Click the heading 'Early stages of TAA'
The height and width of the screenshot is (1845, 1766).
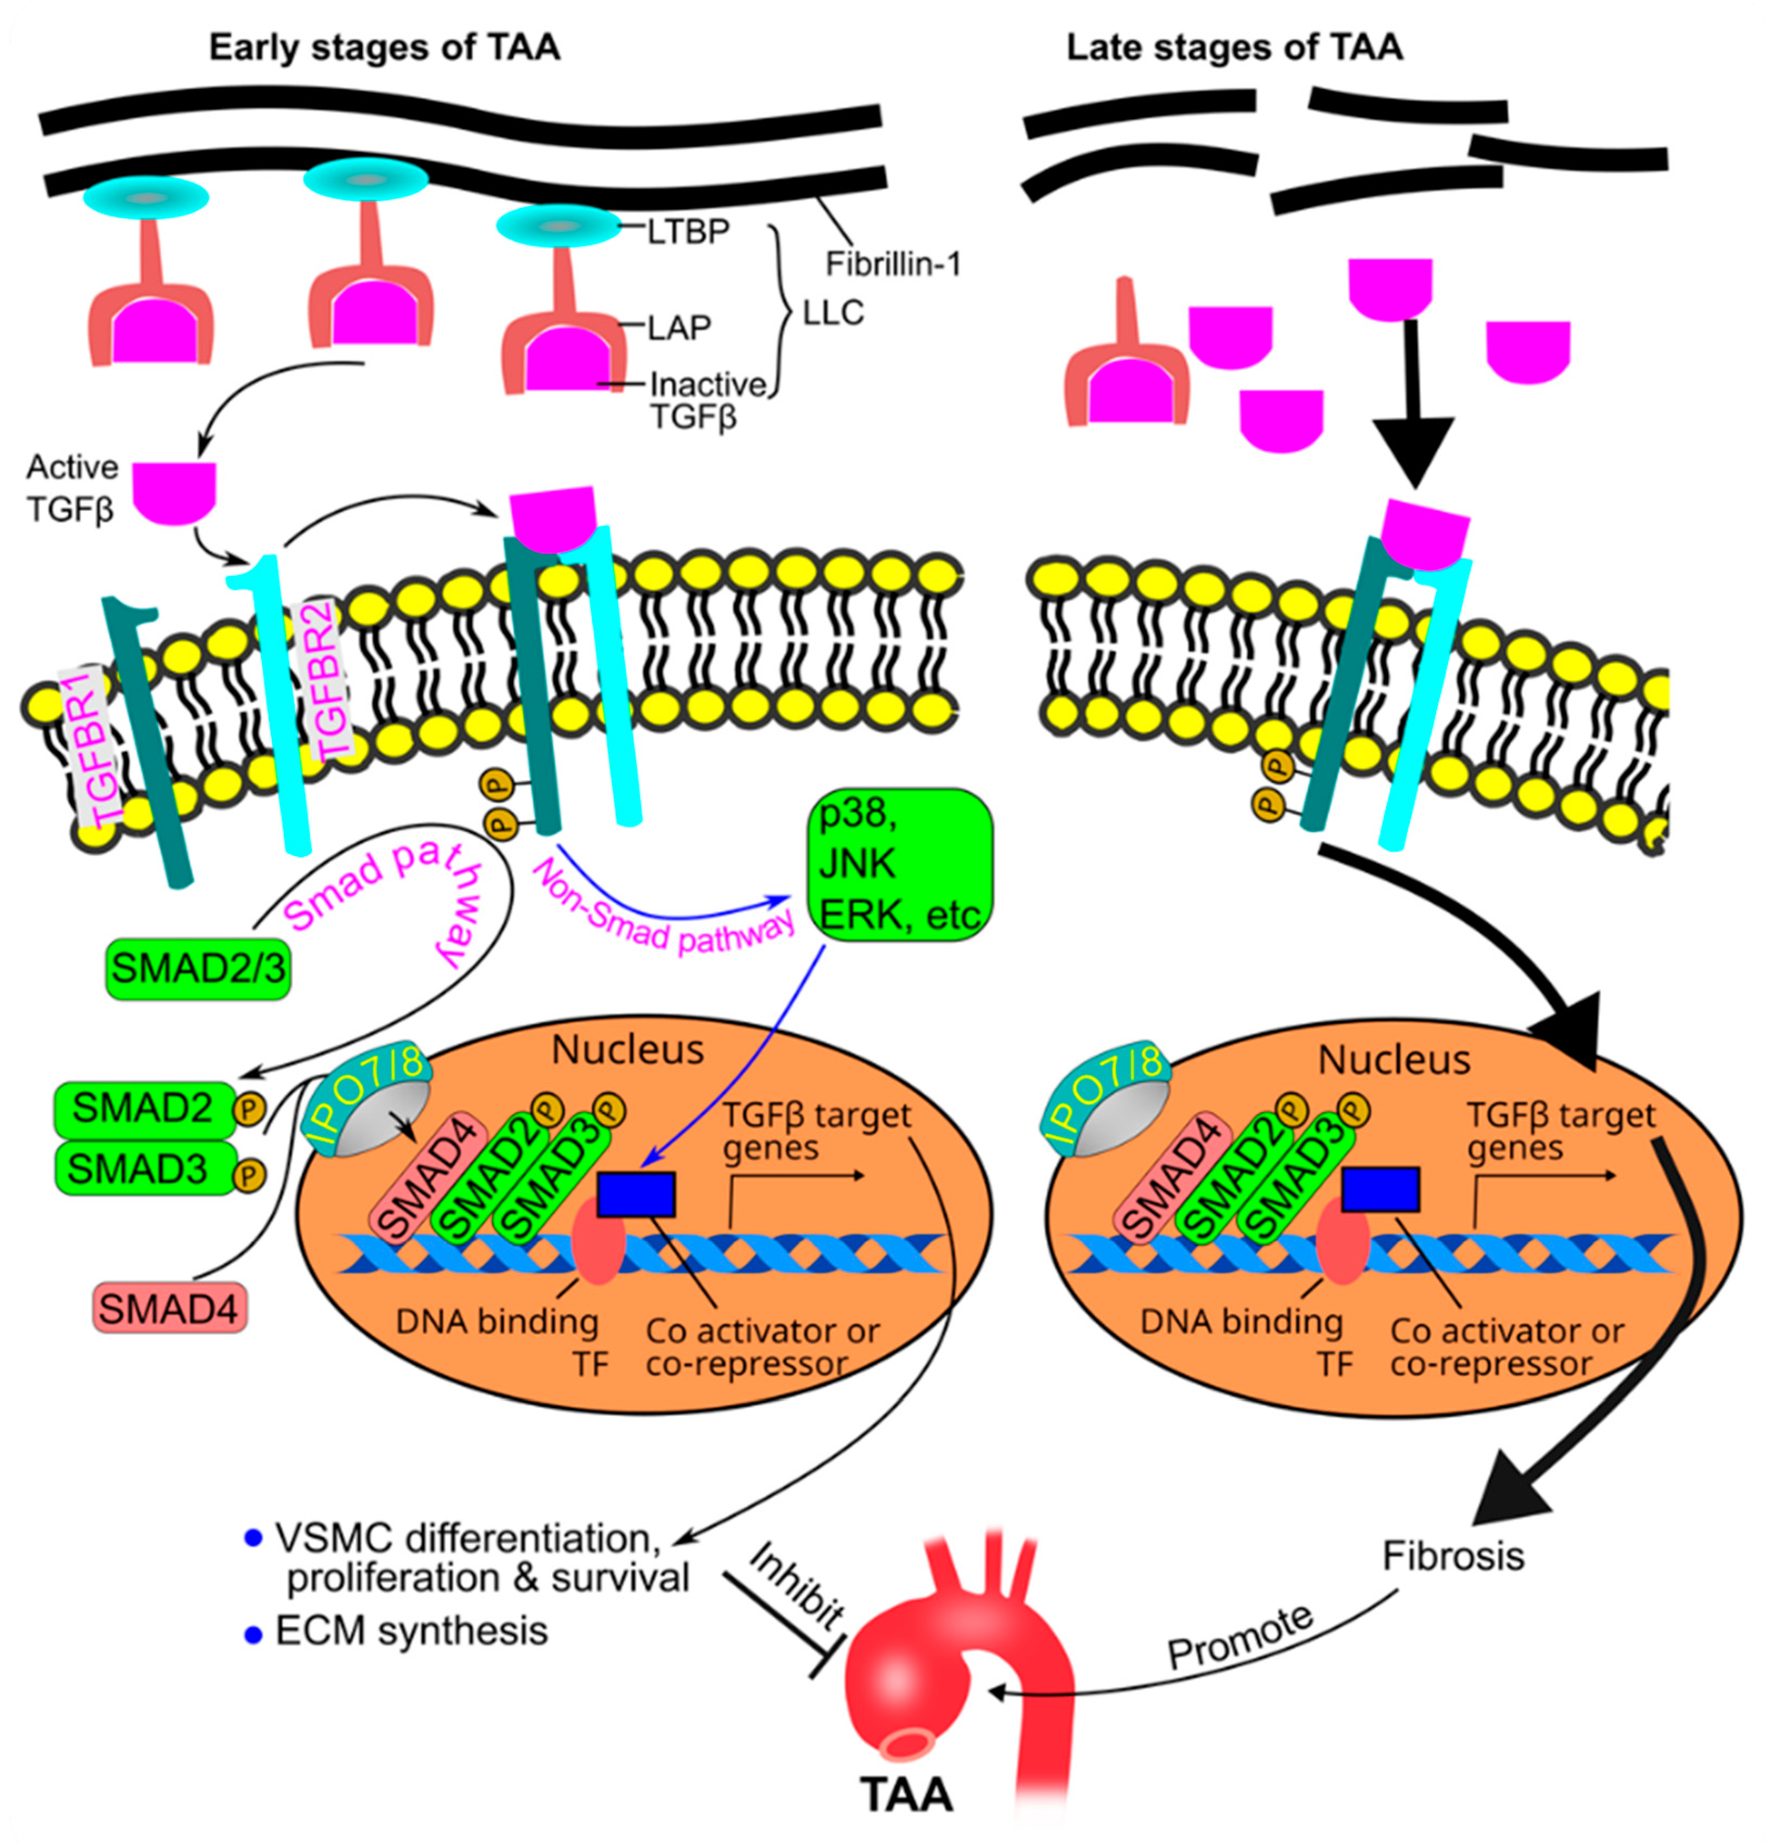click(384, 47)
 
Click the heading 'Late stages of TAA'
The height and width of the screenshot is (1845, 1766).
click(1234, 47)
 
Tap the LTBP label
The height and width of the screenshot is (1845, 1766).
click(688, 232)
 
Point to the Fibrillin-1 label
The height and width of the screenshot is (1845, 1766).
click(892, 264)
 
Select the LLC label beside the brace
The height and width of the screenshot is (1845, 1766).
click(833, 313)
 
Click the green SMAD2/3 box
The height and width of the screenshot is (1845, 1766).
click(198, 968)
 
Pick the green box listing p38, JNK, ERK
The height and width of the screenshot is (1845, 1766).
click(899, 864)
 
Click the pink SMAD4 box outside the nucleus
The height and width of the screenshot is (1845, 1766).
click(169, 1309)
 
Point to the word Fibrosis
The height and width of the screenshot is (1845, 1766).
click(1452, 1556)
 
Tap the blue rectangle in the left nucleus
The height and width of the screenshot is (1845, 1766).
click(637, 1194)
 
